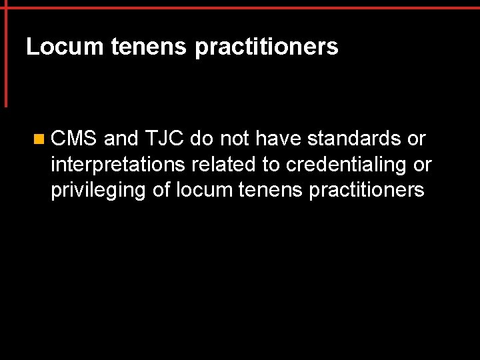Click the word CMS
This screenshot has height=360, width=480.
tap(74, 139)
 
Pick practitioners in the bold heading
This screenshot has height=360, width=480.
tap(267, 48)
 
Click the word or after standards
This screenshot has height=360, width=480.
tap(417, 139)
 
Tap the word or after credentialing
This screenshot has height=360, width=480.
tap(423, 165)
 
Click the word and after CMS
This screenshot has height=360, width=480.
tap(121, 139)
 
